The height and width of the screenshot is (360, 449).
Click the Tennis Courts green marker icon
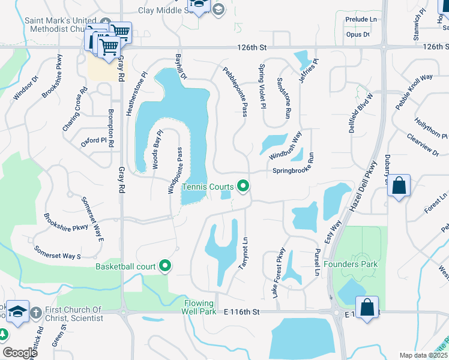[243, 187]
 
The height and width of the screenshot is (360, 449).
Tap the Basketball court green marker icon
[165, 266]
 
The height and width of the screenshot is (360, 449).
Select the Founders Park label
[351, 264]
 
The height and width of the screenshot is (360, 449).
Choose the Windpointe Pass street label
[179, 170]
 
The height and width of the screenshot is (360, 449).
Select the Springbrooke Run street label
[294, 170]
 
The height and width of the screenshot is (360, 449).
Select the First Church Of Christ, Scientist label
[74, 314]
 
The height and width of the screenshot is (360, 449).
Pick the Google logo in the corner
[20, 353]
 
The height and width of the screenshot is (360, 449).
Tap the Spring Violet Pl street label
[262, 86]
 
